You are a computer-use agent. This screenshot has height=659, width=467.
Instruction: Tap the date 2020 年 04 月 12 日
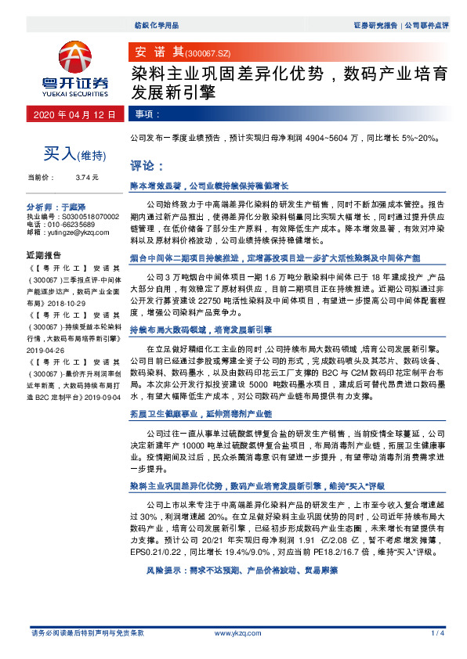(x=74, y=114)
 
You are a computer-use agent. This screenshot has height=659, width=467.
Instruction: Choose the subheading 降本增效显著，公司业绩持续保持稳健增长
(x=209, y=186)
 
